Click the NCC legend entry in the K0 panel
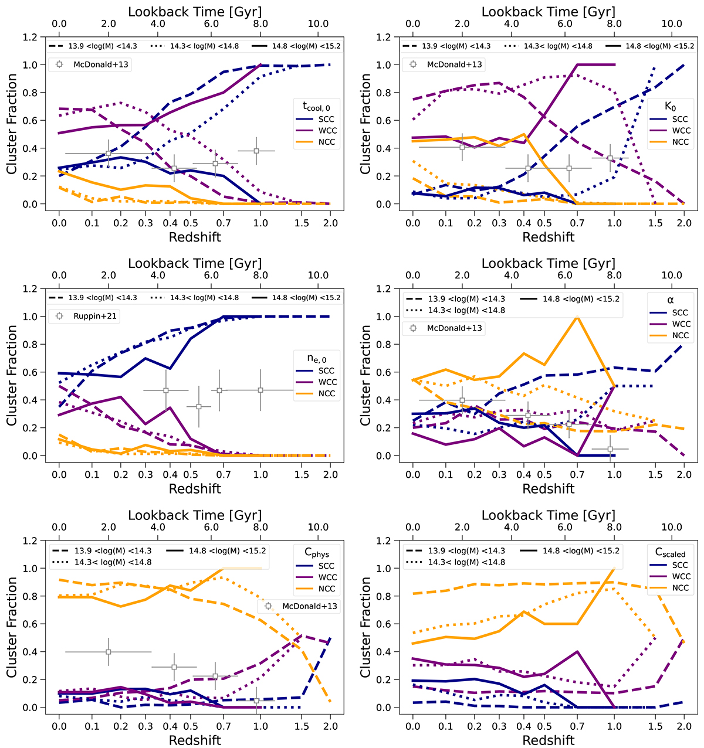pyautogui.click(x=681, y=142)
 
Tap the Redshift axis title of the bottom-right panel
pyautogui.click(x=549, y=740)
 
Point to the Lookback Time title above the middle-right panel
pyautogui.click(x=549, y=264)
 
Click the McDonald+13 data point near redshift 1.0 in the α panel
pyautogui.click(x=611, y=449)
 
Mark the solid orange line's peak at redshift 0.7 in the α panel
pyautogui.click(x=578, y=317)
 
